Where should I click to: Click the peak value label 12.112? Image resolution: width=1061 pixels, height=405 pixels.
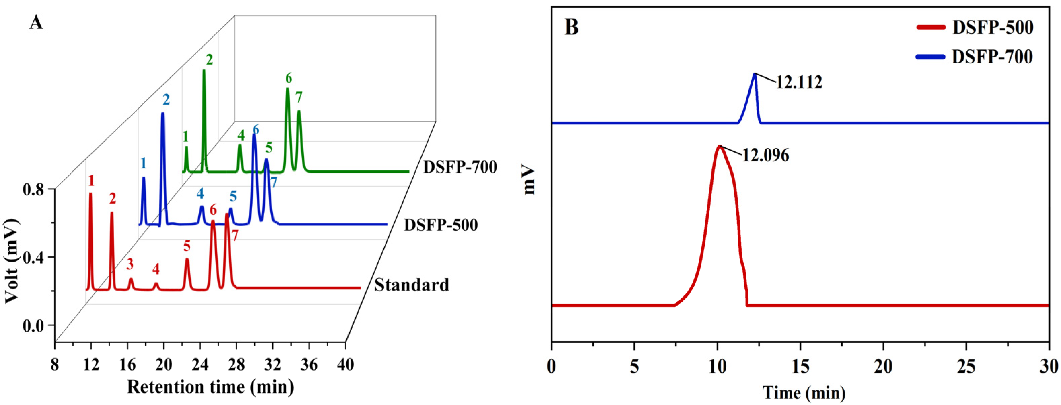799,83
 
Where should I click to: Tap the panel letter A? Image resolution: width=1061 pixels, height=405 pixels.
36,24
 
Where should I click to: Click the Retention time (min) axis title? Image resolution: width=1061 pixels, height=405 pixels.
211,387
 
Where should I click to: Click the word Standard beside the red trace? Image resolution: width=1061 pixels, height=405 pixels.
411,285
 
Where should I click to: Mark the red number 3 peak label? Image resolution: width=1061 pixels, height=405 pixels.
130,264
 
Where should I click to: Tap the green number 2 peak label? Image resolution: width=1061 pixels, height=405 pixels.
209,60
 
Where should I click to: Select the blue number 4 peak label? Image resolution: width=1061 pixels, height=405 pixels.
200,193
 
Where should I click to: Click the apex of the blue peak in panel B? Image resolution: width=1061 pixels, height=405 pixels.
755,74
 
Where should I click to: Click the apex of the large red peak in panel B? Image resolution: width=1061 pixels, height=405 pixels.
719,146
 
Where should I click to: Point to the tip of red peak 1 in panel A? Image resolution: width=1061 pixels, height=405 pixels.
90,193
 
